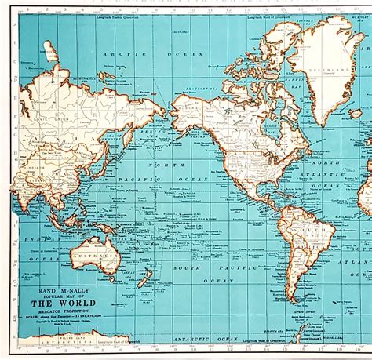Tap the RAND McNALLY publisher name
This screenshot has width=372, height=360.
(57, 287)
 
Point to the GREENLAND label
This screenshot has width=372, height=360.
(325, 67)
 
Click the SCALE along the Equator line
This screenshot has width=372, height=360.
(57, 318)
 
